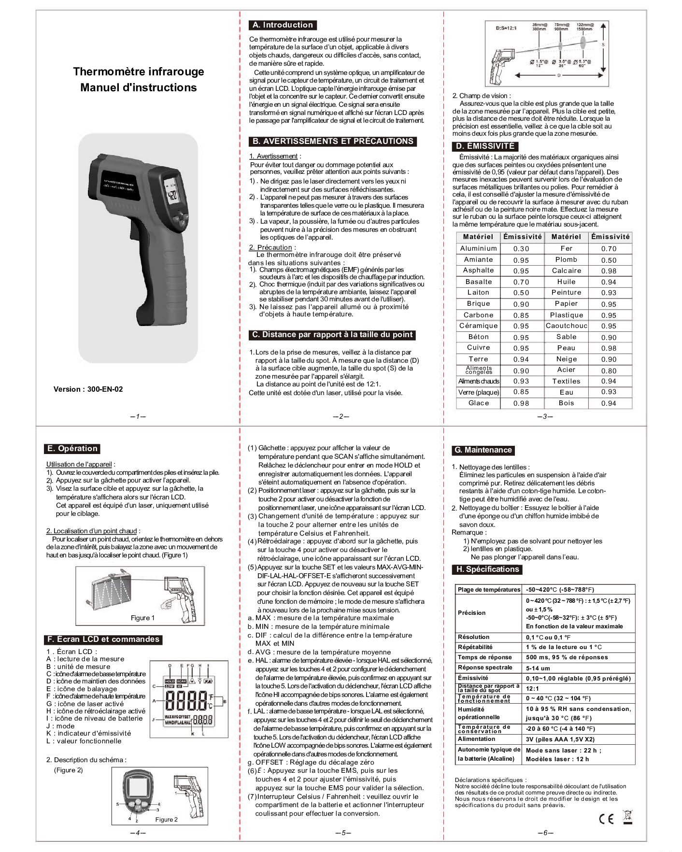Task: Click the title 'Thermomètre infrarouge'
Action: (139, 71)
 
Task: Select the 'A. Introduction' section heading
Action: (283, 25)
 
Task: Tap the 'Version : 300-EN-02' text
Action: (88, 389)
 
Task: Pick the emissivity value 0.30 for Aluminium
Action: (521, 249)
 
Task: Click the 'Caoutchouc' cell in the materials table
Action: (566, 326)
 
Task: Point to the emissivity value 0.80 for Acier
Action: (609, 371)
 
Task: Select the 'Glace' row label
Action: (478, 403)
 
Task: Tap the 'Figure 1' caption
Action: (143, 618)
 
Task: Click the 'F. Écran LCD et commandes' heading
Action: (102, 639)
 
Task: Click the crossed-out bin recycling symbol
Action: (628, 817)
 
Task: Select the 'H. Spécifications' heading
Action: (487, 569)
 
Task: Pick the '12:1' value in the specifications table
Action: (532, 689)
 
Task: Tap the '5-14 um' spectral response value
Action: (538, 668)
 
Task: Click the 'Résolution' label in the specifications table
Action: (473, 637)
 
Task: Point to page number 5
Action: (342, 833)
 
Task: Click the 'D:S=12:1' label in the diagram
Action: (507, 28)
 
